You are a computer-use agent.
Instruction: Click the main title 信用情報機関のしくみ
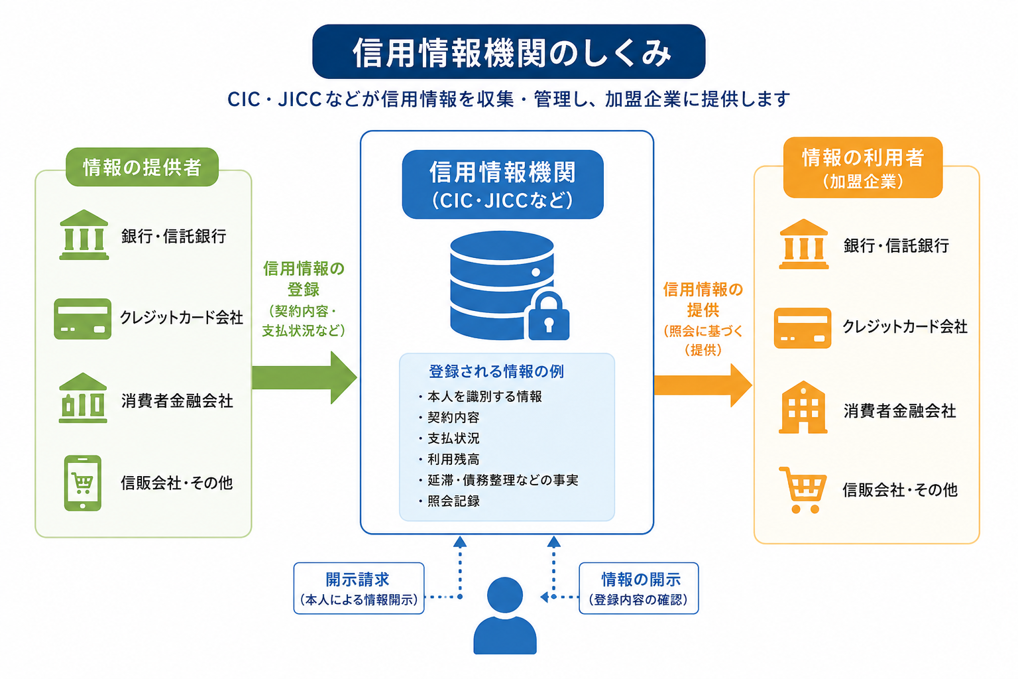(508, 52)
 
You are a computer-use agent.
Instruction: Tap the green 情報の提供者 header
(142, 167)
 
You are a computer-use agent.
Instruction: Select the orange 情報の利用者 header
(862, 167)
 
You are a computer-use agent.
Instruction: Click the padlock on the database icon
(549, 317)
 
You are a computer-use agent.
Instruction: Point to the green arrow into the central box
(304, 377)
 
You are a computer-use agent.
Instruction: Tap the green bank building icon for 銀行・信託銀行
(84, 235)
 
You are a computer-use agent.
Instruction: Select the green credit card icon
(83, 319)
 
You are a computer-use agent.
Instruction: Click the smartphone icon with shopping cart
(83, 483)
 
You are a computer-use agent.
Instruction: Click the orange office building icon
(803, 408)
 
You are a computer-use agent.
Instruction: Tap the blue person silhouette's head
(505, 595)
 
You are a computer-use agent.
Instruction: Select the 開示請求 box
(359, 589)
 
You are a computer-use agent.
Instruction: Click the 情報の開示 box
(638, 589)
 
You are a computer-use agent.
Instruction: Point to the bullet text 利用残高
(453, 460)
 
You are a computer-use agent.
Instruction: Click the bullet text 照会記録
(453, 501)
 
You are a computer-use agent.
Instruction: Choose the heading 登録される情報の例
(496, 371)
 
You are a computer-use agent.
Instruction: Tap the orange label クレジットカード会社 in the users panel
(905, 326)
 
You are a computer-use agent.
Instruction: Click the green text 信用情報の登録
(304, 278)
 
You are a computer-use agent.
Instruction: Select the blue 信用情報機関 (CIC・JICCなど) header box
(502, 184)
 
